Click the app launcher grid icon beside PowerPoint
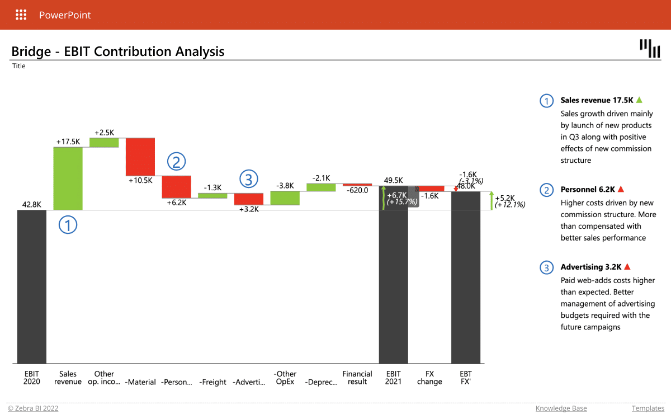pos(21,15)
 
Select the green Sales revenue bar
pos(68,178)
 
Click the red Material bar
pos(140,156)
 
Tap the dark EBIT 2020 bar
pos(32,286)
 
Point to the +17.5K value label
pos(68,142)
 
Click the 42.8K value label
pos(32,205)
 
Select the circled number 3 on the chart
pos(249,179)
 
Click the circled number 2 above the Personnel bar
pos(176,162)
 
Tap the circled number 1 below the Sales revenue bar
pos(68,225)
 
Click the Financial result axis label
pos(357,378)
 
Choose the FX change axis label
pos(429,378)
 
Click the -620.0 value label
pos(357,190)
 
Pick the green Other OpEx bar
pos(285,197)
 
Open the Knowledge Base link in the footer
pos(561,408)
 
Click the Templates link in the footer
pos(648,408)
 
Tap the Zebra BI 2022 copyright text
pos(33,408)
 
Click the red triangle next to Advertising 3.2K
pos(627,267)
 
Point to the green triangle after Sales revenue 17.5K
pos(639,100)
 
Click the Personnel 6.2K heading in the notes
pos(587,190)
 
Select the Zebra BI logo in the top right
pos(649,48)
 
